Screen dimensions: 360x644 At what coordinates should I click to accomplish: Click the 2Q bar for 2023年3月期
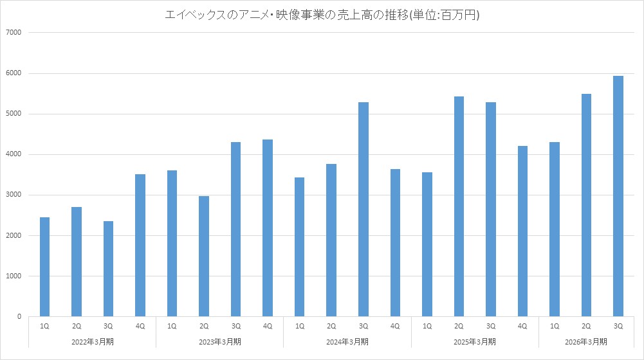204,256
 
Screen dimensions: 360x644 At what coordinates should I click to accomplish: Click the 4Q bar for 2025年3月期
522,231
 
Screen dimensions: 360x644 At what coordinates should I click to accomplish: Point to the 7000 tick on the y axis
14,33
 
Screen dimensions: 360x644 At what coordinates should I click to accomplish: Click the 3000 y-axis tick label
14,195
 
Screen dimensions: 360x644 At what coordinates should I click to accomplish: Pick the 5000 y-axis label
14,114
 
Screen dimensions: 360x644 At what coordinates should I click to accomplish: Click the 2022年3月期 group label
93,341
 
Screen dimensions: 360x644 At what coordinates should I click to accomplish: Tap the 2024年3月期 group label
347,341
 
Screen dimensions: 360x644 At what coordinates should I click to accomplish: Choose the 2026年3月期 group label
586,341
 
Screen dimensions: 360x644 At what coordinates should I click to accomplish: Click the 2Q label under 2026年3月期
586,327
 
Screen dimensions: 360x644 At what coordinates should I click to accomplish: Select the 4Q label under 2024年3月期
395,327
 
